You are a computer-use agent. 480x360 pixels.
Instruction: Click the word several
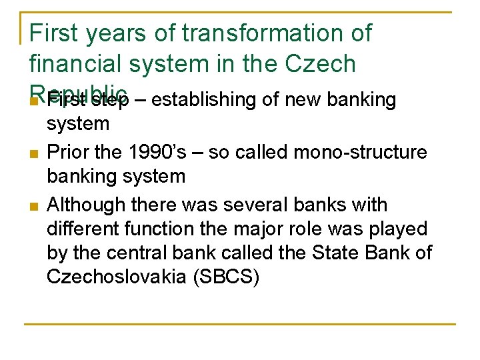coord(252,204)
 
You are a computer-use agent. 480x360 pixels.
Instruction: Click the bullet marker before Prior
coord(33,153)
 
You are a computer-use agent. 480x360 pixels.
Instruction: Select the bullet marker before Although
coord(33,205)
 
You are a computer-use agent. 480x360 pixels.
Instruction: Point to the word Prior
coord(68,152)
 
